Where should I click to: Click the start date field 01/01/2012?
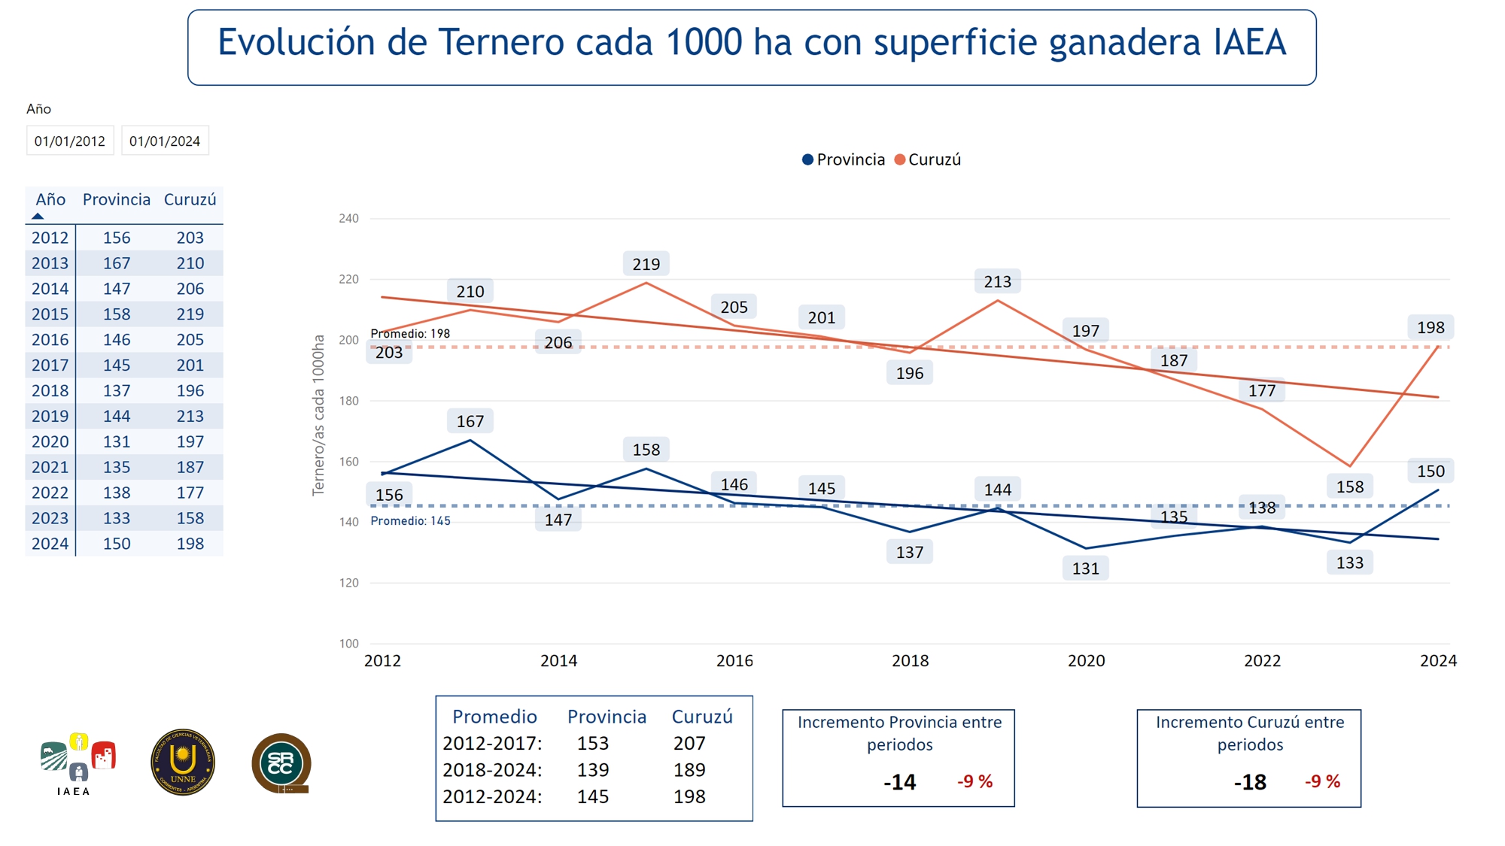(70, 141)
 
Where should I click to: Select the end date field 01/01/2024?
(165, 141)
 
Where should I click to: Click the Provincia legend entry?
(844, 159)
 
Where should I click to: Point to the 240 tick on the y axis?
(348, 218)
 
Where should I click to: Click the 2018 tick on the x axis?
(910, 660)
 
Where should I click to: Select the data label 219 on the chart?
(646, 264)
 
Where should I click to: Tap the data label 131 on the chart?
(1085, 569)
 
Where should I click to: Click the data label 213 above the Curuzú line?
(997, 281)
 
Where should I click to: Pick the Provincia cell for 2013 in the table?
(117, 263)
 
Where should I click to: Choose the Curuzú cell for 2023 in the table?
(190, 518)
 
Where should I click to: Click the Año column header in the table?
(50, 199)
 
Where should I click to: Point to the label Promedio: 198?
(410, 333)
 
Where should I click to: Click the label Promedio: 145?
(410, 520)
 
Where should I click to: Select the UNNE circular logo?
(183, 762)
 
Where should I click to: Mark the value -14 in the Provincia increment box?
(899, 782)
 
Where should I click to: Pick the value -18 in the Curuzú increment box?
(1250, 782)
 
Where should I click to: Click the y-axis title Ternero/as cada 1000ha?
(318, 415)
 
